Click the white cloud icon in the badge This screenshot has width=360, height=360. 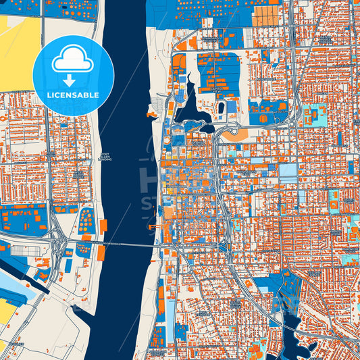(x=73, y=59)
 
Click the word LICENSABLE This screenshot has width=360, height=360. (x=73, y=95)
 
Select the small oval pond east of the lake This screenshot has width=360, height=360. (x=221, y=107)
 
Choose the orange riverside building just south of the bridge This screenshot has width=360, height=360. (x=101, y=253)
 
